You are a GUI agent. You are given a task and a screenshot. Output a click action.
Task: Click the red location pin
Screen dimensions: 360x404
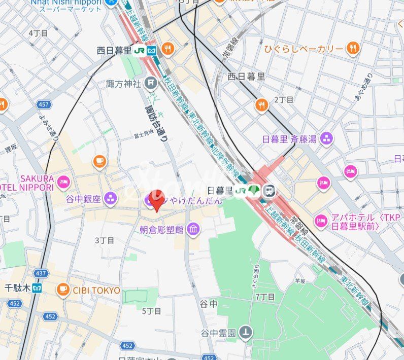click(157, 199)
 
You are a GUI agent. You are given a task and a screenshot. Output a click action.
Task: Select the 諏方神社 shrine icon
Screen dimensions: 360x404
click(150, 83)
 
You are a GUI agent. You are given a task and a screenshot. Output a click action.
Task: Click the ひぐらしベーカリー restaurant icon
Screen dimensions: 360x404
click(353, 49)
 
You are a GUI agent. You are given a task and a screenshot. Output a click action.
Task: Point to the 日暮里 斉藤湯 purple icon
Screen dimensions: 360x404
click(326, 138)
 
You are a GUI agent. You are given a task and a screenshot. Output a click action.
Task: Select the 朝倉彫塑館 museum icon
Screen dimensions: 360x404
click(193, 230)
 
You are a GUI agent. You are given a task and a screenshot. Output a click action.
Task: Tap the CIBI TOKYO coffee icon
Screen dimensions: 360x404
click(63, 290)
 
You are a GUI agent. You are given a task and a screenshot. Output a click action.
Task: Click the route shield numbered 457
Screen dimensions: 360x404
click(44, 104)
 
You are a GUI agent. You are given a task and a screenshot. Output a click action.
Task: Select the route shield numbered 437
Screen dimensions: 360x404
click(41, 273)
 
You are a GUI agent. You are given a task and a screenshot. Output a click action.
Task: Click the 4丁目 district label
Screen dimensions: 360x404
click(38, 33)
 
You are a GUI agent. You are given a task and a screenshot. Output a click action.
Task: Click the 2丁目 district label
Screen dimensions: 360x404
click(284, 99)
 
